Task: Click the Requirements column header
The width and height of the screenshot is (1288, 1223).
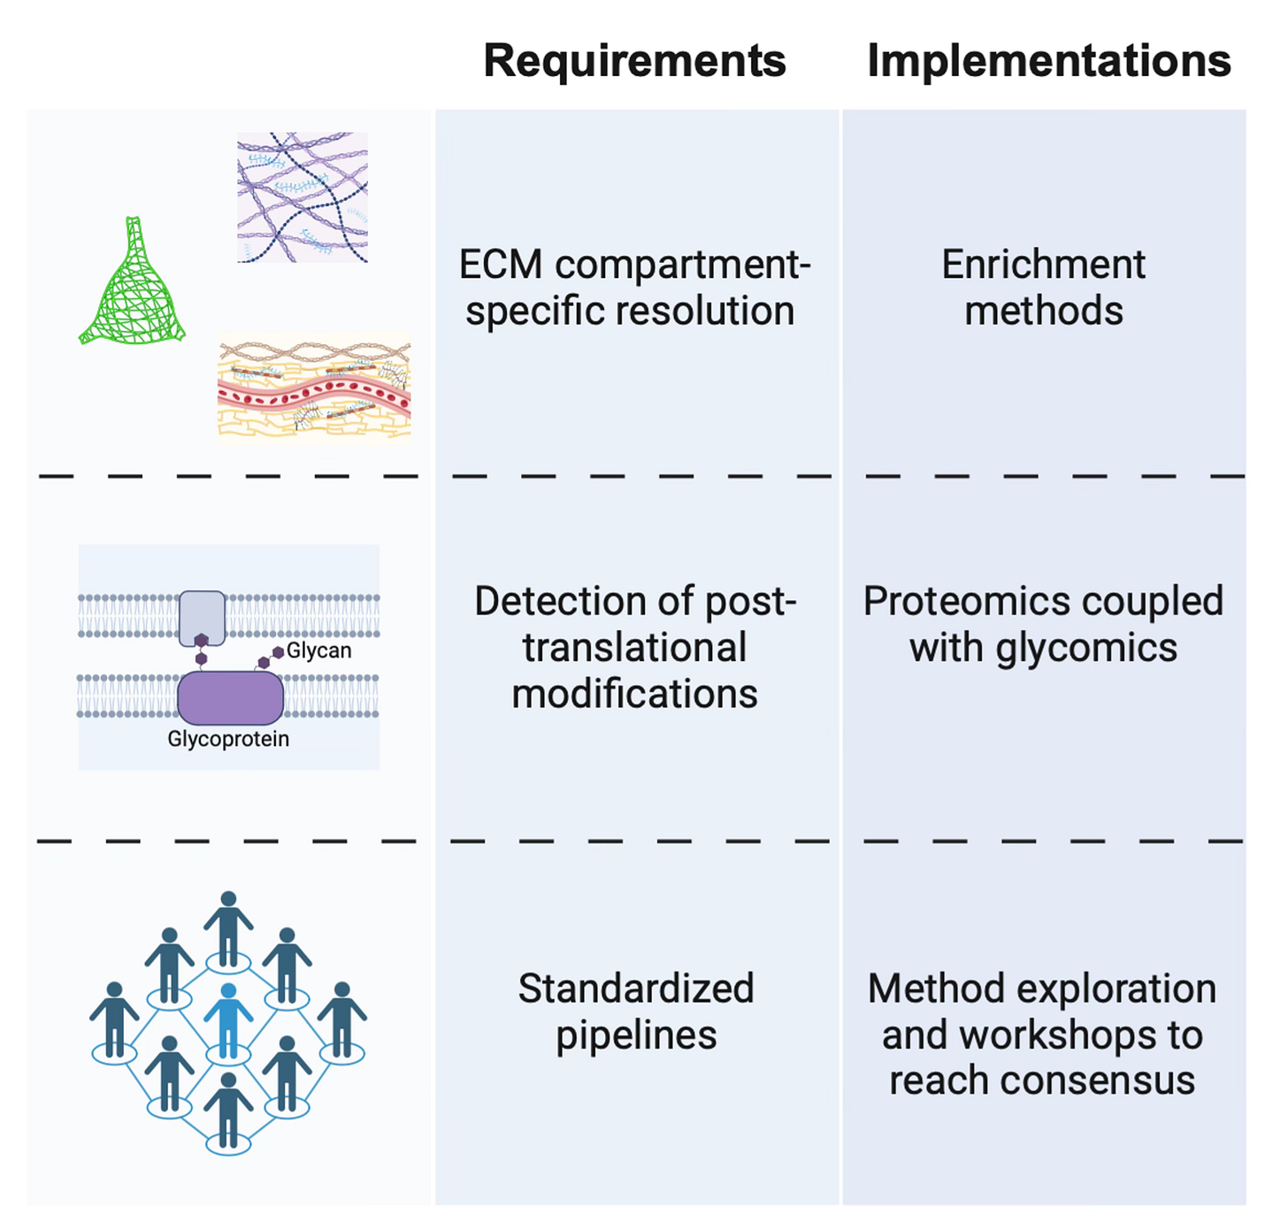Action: [x=634, y=61]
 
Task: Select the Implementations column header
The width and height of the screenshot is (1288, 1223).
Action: [x=1048, y=61]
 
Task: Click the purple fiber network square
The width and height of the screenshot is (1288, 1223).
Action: [x=303, y=197]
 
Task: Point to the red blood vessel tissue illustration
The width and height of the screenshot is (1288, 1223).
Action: [x=314, y=388]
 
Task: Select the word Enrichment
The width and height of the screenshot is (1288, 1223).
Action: [x=1043, y=265]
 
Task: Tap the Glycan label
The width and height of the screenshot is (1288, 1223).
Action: [x=318, y=650]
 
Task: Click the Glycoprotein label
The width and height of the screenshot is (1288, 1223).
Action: [x=228, y=739]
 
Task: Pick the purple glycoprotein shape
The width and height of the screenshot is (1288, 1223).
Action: [x=230, y=697]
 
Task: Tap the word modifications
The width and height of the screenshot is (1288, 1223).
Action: [x=634, y=694]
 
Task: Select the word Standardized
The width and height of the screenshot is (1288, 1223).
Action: [x=635, y=988]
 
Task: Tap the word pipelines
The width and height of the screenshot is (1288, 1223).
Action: [x=635, y=1035]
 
